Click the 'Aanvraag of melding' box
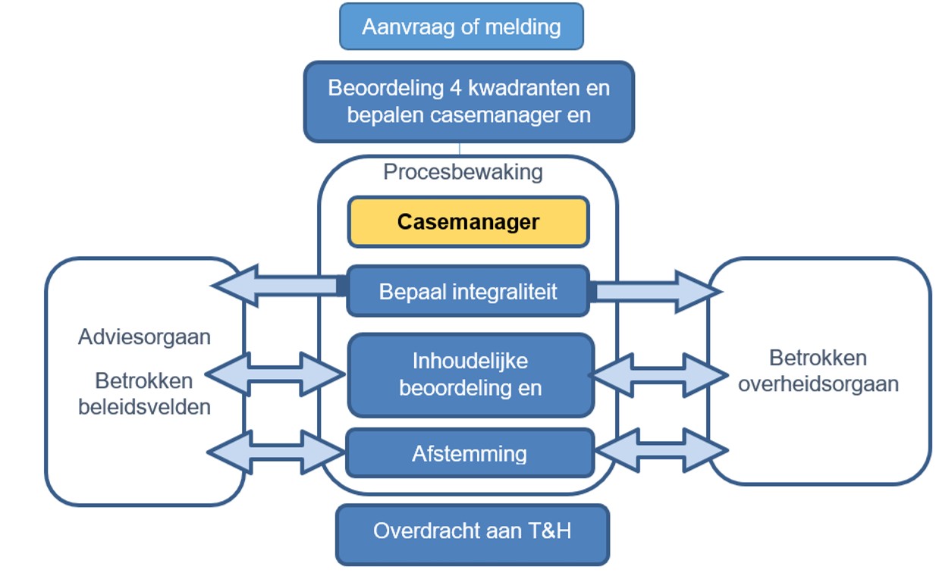(x=461, y=27)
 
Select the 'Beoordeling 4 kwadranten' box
(x=469, y=102)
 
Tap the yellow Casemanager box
(x=468, y=222)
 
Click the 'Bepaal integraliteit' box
(x=468, y=291)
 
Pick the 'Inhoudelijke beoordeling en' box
(x=470, y=374)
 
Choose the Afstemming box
(x=470, y=453)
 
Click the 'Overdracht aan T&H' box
(x=472, y=531)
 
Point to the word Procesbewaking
(x=463, y=172)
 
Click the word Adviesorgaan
(x=144, y=337)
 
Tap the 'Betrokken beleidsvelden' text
(x=144, y=393)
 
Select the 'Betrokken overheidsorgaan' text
(x=818, y=371)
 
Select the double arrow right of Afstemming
(x=660, y=452)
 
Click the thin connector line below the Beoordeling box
(x=460, y=149)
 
